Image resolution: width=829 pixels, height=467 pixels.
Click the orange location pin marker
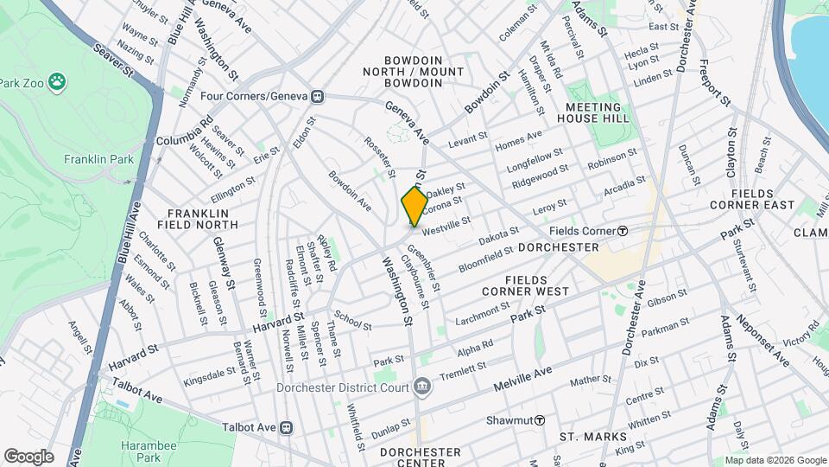(414, 207)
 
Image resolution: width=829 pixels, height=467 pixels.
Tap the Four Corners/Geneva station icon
(318, 96)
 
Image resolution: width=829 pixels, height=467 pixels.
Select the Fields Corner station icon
(622, 231)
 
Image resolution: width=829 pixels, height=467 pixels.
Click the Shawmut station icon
(540, 420)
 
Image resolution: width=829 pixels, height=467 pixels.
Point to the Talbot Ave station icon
(288, 427)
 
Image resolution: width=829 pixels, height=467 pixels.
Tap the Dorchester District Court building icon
(421, 386)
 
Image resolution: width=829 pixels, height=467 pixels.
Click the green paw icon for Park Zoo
(57, 82)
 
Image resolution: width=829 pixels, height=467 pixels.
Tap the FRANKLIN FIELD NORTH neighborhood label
(198, 220)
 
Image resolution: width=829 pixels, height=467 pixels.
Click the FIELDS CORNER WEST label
(537, 285)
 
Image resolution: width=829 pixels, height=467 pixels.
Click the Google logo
(28, 456)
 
